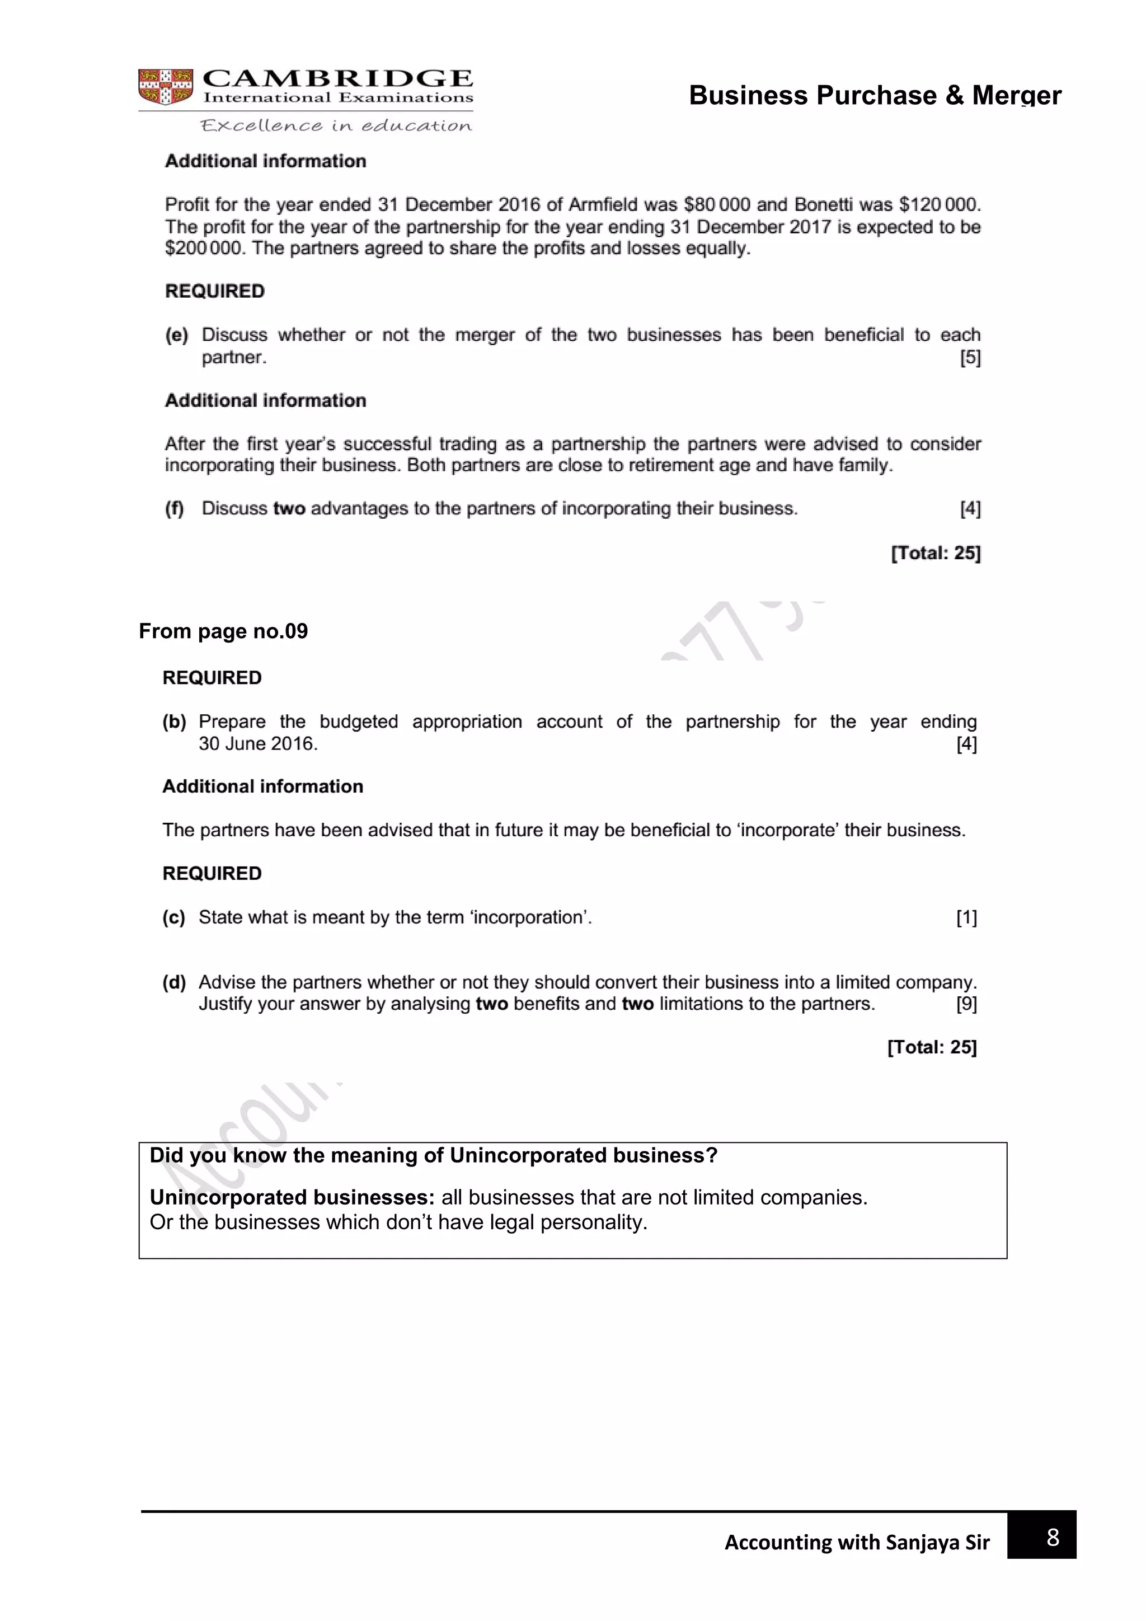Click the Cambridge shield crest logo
165,87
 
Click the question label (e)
176,335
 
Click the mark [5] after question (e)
970,357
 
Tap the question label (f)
174,508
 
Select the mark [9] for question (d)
966,1004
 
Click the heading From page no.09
223,631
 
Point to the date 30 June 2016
257,743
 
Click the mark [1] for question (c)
966,918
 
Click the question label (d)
174,982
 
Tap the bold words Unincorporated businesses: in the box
292,1197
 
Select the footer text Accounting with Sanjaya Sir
857,1543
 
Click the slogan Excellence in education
336,126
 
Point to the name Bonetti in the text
823,205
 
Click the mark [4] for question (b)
966,744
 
